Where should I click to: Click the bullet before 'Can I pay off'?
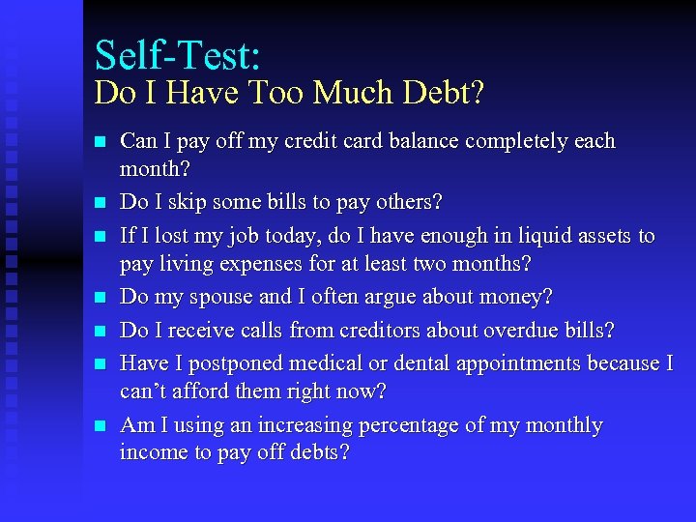pos(101,142)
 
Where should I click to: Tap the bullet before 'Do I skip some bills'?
pos(101,204)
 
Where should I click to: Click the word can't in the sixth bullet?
pos(142,391)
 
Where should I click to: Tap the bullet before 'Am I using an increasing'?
pos(101,426)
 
